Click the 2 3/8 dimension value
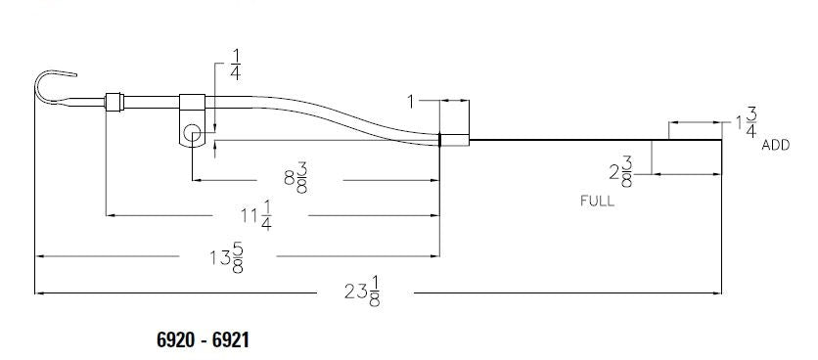click(620, 173)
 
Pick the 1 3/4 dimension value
click(746, 122)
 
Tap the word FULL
click(597, 201)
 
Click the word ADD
click(776, 145)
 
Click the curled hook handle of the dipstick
click(54, 83)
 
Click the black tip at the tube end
click(441, 140)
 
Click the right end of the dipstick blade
click(721, 140)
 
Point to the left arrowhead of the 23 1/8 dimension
click(40, 292)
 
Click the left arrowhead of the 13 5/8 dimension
click(40, 256)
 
